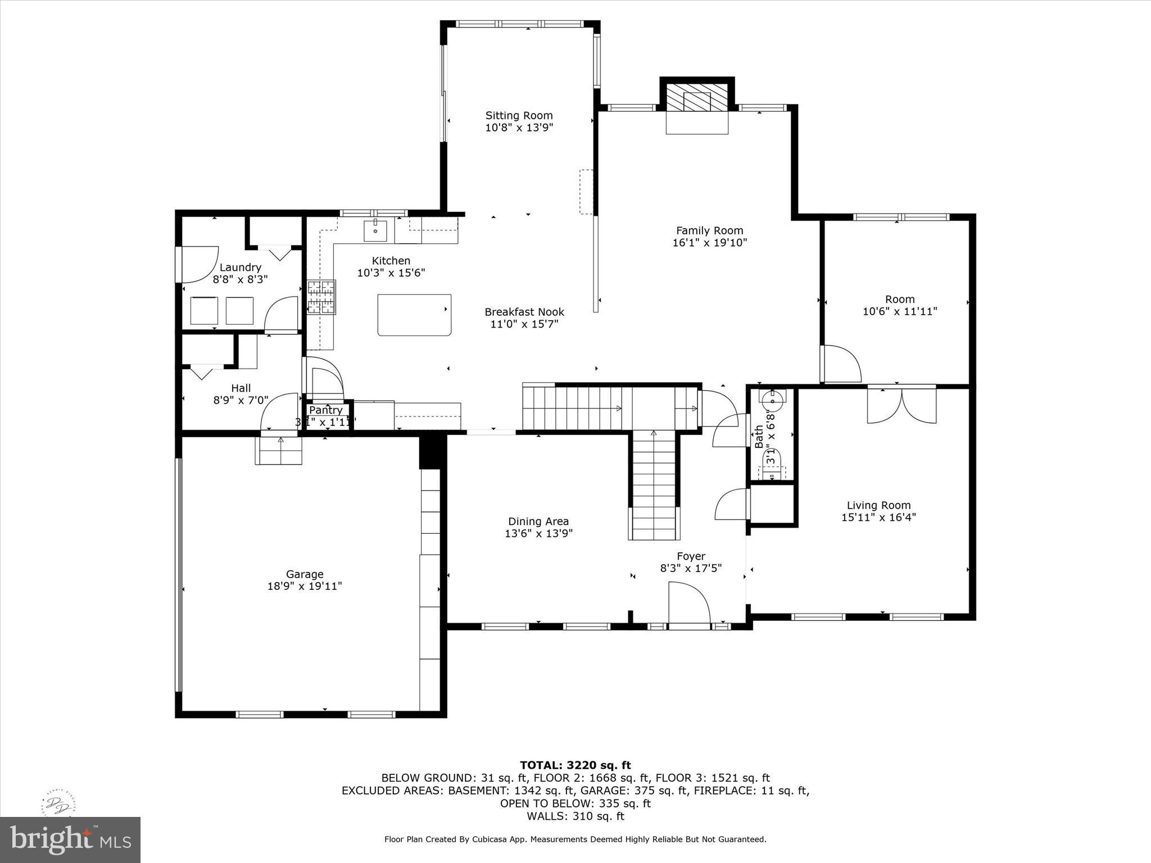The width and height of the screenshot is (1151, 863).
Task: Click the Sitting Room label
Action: [x=519, y=116]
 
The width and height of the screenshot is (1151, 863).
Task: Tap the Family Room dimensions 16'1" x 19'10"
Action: [x=709, y=243]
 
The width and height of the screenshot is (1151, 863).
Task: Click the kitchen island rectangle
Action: [x=414, y=315]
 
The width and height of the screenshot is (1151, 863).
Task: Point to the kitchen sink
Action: [x=375, y=230]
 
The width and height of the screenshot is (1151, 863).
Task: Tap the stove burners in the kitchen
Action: [x=321, y=297]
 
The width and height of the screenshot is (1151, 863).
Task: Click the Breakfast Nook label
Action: [x=524, y=312]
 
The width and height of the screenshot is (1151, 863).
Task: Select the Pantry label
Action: [x=325, y=410]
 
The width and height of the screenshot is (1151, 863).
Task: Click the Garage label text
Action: [x=305, y=574]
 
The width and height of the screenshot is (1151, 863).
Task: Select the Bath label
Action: [x=759, y=437]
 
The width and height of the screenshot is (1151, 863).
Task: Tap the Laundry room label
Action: [x=240, y=267]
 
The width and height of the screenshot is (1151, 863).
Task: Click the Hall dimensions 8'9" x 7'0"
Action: [x=241, y=400]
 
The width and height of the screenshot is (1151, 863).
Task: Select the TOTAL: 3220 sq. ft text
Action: [x=575, y=765]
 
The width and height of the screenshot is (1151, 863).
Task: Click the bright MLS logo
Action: [x=70, y=839]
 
